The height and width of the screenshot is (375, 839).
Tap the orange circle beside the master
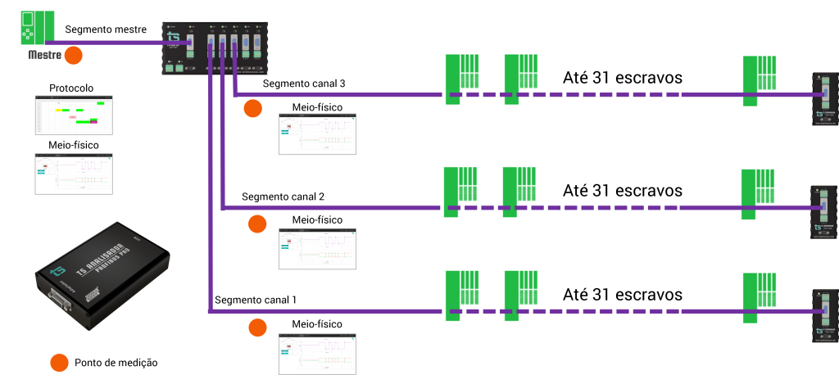(x=74, y=56)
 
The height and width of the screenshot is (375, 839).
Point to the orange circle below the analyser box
(x=59, y=363)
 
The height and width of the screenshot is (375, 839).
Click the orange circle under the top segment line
(x=252, y=108)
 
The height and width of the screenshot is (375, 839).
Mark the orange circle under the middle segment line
(x=257, y=224)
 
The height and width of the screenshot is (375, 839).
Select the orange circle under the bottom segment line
(x=257, y=328)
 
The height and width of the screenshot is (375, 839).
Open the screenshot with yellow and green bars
(x=74, y=115)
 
